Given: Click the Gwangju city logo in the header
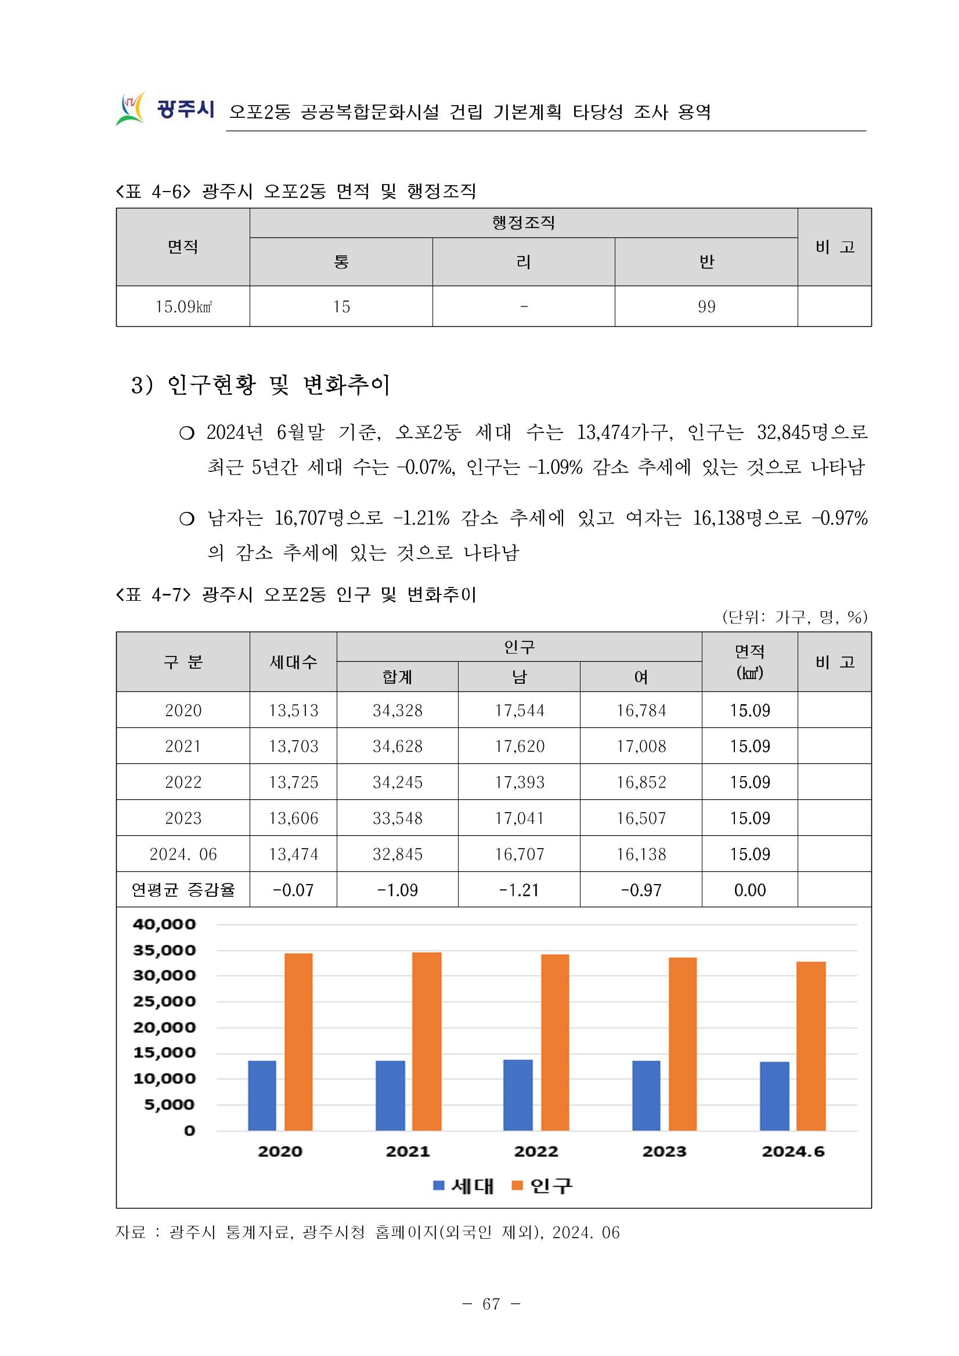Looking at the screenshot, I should point(164,109).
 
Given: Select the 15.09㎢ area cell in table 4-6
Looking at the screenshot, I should point(183,306).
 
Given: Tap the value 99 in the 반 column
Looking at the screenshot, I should point(706,306).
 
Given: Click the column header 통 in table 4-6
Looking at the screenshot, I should point(341,262).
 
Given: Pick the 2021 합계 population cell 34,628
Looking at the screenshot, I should point(398,746).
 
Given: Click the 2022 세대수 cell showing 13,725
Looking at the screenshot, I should point(294,782).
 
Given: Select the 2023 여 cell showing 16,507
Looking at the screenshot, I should point(641,818).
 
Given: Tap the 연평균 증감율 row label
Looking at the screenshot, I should point(183,889).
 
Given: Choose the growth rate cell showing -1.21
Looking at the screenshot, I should point(519,890).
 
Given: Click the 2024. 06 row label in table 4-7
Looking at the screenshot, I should point(183,854).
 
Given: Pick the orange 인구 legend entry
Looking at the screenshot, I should point(543,1185).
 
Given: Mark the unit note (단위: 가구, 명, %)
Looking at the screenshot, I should point(794,617).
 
